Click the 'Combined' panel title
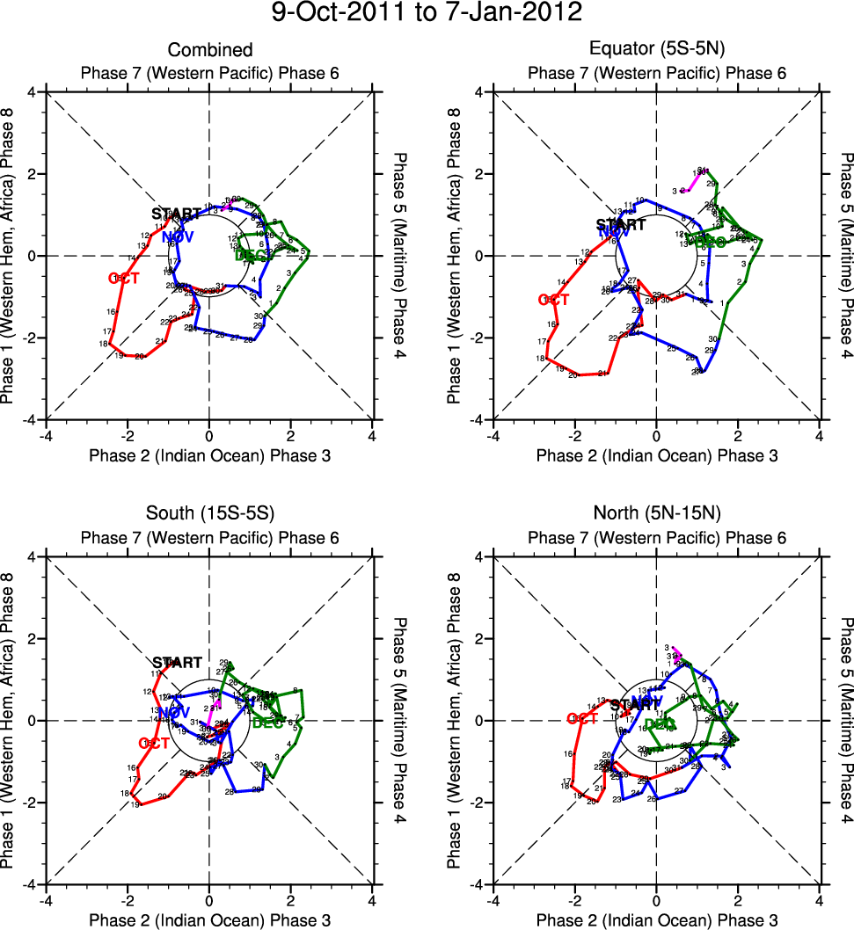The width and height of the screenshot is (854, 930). tap(210, 51)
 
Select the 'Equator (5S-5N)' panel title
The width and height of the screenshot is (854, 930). tap(657, 51)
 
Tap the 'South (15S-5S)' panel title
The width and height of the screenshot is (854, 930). tap(210, 516)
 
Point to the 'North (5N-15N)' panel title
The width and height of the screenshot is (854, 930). tap(657, 516)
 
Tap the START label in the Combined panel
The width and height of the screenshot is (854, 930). tap(176, 214)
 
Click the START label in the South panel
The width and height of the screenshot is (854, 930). tap(177, 663)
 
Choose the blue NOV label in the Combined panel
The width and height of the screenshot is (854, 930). tap(178, 237)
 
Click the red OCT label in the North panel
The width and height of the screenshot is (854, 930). tap(582, 719)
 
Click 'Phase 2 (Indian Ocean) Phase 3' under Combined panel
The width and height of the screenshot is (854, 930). tap(210, 454)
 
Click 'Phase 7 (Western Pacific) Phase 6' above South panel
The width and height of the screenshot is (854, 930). tap(210, 537)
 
